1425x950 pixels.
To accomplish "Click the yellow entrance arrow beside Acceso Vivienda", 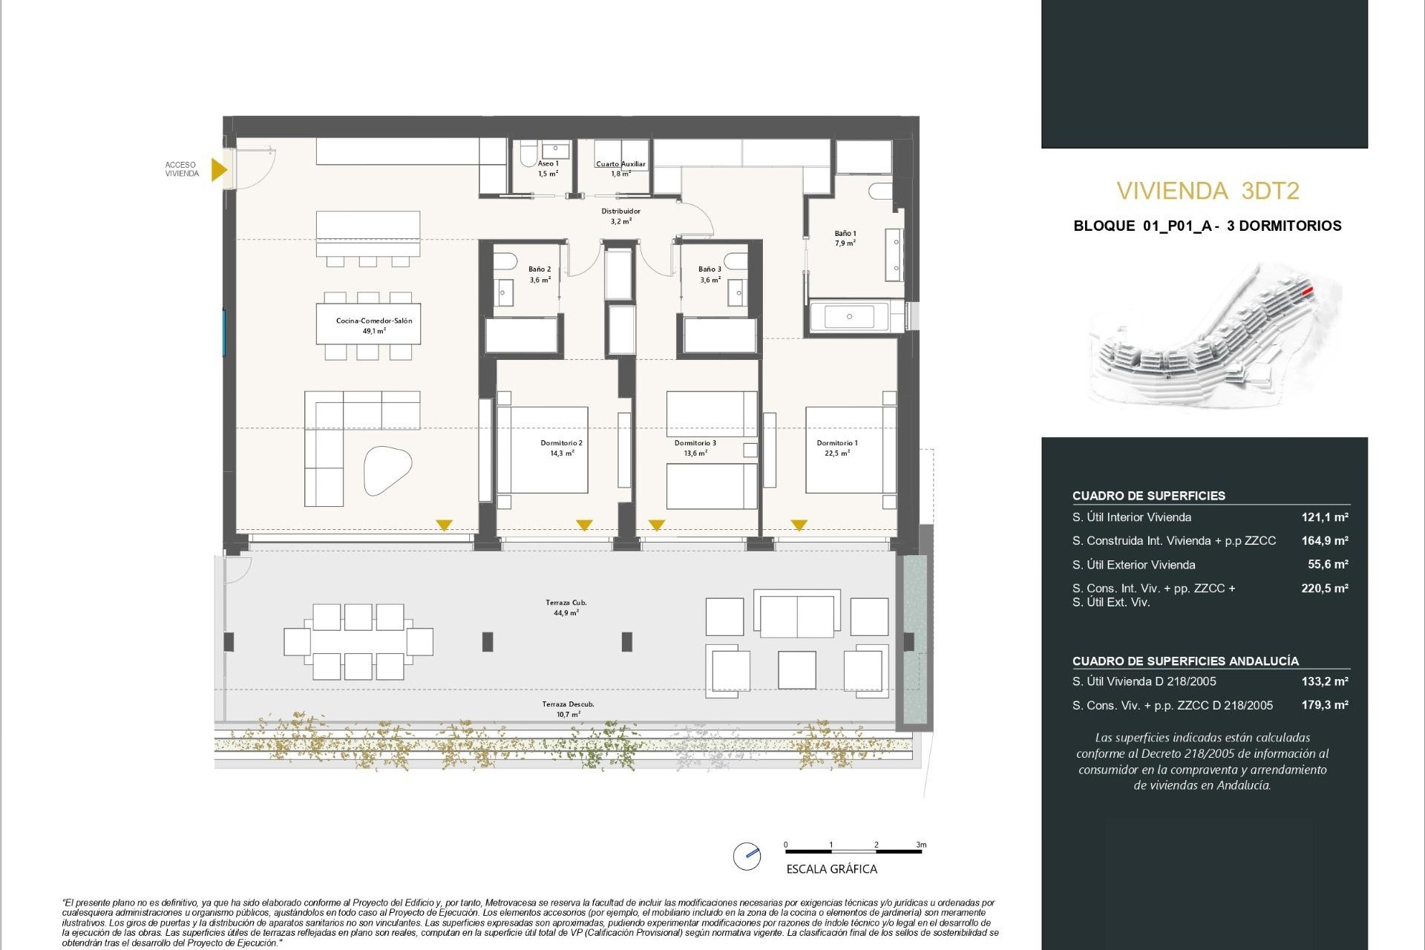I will coord(218,169).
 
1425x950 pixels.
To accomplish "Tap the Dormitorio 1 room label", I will coord(836,448).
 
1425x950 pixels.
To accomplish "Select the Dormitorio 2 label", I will coord(561,448).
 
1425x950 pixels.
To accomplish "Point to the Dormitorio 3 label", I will coord(695,448).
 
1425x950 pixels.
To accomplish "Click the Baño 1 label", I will coord(845,237).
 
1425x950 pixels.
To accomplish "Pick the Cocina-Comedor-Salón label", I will coord(373,325).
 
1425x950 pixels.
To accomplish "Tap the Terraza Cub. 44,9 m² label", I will coord(566,607).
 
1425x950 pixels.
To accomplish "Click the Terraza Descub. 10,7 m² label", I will coord(568,709).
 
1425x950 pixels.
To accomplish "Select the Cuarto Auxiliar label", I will coord(620,168).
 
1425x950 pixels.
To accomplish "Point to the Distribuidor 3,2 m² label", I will coord(620,215).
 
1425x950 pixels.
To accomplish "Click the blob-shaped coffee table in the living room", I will coord(387,471).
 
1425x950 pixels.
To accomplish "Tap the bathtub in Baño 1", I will coord(850,317).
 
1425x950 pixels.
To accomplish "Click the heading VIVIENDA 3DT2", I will coord(1208,191).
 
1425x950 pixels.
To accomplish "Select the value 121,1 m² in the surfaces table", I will coord(1324,517).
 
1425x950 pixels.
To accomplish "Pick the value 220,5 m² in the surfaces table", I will coord(1324,588).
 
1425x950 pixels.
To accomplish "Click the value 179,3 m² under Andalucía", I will coord(1324,705).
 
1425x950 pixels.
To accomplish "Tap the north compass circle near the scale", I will coord(747,856).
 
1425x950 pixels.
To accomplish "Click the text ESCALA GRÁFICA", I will coord(831,869).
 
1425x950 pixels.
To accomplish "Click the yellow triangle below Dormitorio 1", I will coord(799,525).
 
